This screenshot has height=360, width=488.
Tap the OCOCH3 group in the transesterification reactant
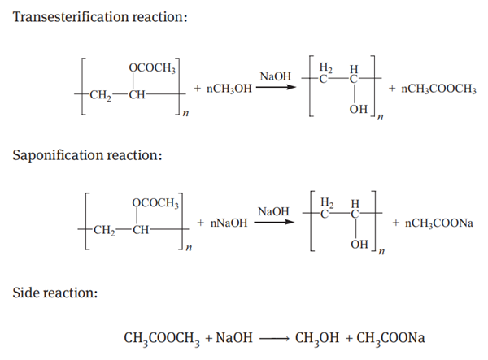(x=153, y=67)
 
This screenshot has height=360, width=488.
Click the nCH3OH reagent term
(x=223, y=87)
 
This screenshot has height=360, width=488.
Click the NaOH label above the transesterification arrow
(x=275, y=76)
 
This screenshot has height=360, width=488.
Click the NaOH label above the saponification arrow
(x=273, y=211)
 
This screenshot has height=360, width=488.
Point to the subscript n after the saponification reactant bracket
(x=188, y=246)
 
